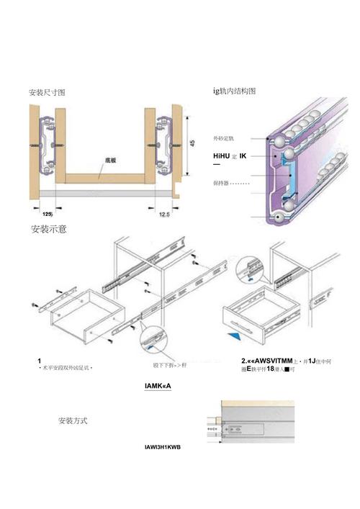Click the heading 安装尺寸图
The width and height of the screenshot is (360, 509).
tap(47, 93)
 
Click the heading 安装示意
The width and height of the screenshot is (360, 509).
tap(50, 230)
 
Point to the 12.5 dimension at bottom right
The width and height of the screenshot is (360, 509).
tap(163, 214)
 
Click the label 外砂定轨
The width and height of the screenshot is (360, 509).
tap(228, 138)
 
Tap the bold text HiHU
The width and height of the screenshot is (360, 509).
tap(224, 156)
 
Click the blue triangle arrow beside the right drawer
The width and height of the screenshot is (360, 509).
tap(233, 336)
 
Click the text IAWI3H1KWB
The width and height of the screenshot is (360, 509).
tap(163, 447)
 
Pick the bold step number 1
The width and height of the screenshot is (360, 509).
tap(39, 359)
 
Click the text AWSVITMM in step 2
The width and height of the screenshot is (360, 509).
tap(271, 360)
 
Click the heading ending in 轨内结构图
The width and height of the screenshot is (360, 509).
tap(234, 91)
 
